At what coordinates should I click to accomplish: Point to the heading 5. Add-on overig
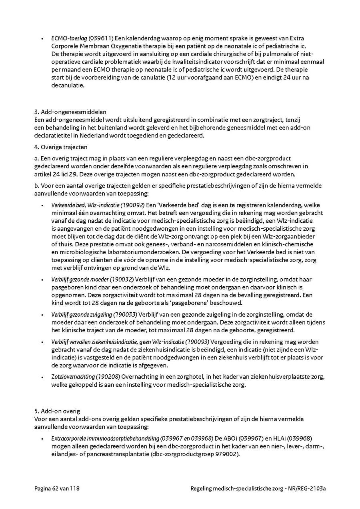57,411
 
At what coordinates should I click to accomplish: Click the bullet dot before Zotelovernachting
42,377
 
